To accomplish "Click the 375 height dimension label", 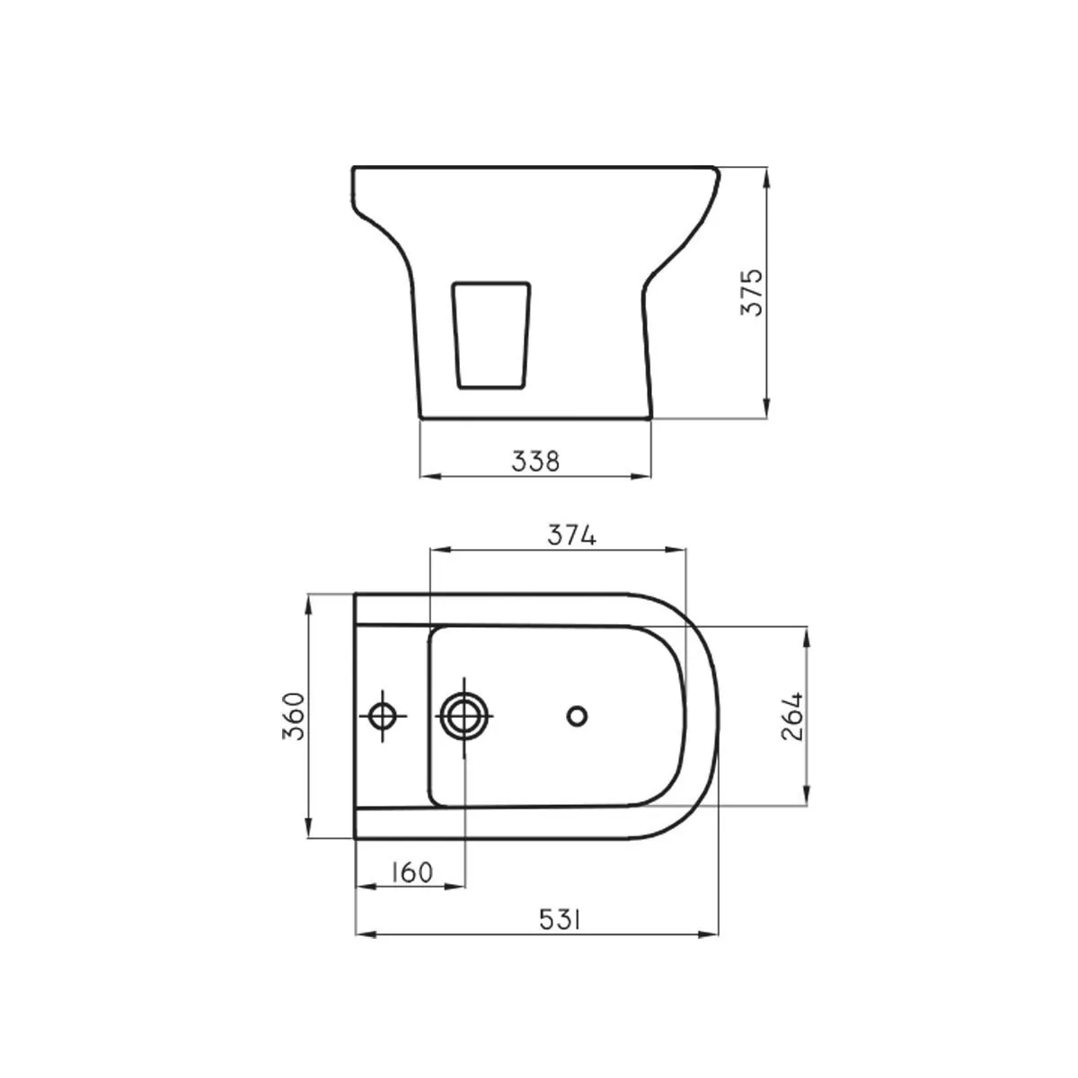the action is point(751,293).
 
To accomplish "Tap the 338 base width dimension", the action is point(535,461).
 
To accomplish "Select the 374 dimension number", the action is point(571,535).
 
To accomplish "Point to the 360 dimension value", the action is point(294,717).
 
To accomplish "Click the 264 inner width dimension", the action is point(791,717).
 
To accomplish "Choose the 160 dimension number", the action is point(411,872).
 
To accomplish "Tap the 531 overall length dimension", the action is point(560,920).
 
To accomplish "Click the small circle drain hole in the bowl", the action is point(577,716).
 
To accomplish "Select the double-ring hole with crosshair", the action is point(464,716).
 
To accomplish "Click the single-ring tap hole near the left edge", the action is point(383,716).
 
